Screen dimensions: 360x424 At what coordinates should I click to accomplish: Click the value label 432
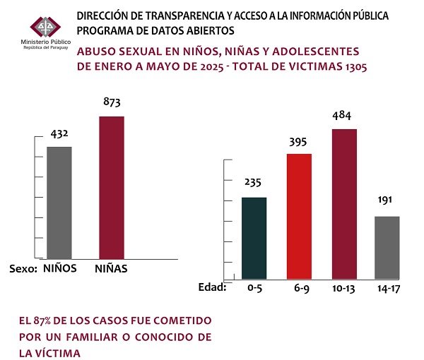(59, 134)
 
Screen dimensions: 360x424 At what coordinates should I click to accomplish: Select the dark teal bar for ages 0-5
(254, 238)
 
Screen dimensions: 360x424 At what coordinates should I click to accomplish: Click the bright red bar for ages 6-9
(299, 215)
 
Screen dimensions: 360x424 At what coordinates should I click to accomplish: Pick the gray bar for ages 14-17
(387, 247)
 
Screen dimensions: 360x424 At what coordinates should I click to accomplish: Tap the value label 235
(254, 183)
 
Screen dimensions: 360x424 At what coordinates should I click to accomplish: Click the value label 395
(299, 140)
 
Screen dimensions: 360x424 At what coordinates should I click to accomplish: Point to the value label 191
(387, 201)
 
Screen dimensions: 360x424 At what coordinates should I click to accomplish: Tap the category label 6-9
(300, 289)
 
